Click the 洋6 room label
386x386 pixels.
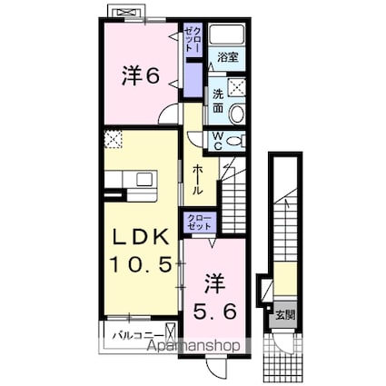pyautogui.click(x=141, y=76)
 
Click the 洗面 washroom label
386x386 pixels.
pyautogui.click(x=218, y=101)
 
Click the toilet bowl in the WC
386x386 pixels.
pyautogui.click(x=235, y=140)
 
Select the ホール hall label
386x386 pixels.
pyautogui.click(x=198, y=181)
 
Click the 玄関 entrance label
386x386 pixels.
pyautogui.click(x=285, y=315)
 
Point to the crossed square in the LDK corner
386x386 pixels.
pyautogui.click(x=114, y=139)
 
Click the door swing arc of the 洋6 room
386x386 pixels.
pyautogui.click(x=170, y=115)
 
